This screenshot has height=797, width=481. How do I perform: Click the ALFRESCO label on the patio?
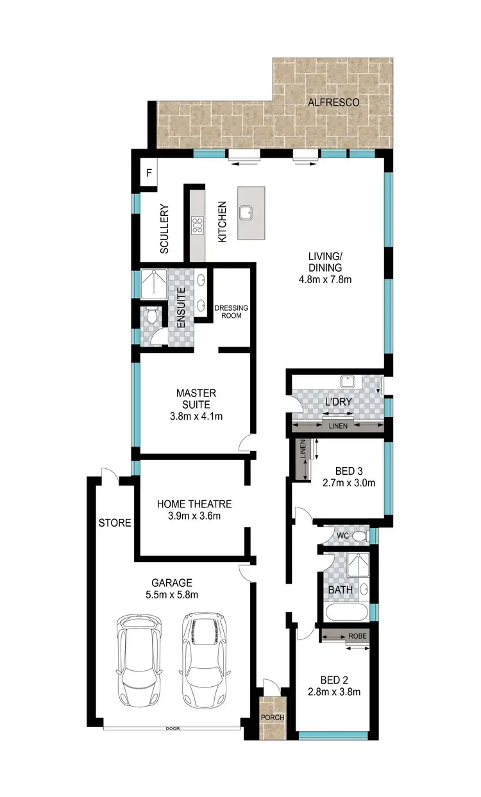point(332,102)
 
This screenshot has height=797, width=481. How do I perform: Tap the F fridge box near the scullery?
point(148,173)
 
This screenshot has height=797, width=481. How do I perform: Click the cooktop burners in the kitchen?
point(197,225)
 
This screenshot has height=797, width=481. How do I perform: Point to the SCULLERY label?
point(164,229)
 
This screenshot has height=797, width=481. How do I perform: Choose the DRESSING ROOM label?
point(230,312)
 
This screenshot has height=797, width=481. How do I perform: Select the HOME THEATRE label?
point(194,504)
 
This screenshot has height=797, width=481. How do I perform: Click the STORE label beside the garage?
point(115,523)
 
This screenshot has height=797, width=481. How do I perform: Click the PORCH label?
point(272,718)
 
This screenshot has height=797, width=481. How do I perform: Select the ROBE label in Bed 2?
point(357,636)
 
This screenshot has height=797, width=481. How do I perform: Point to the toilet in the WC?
point(359,534)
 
